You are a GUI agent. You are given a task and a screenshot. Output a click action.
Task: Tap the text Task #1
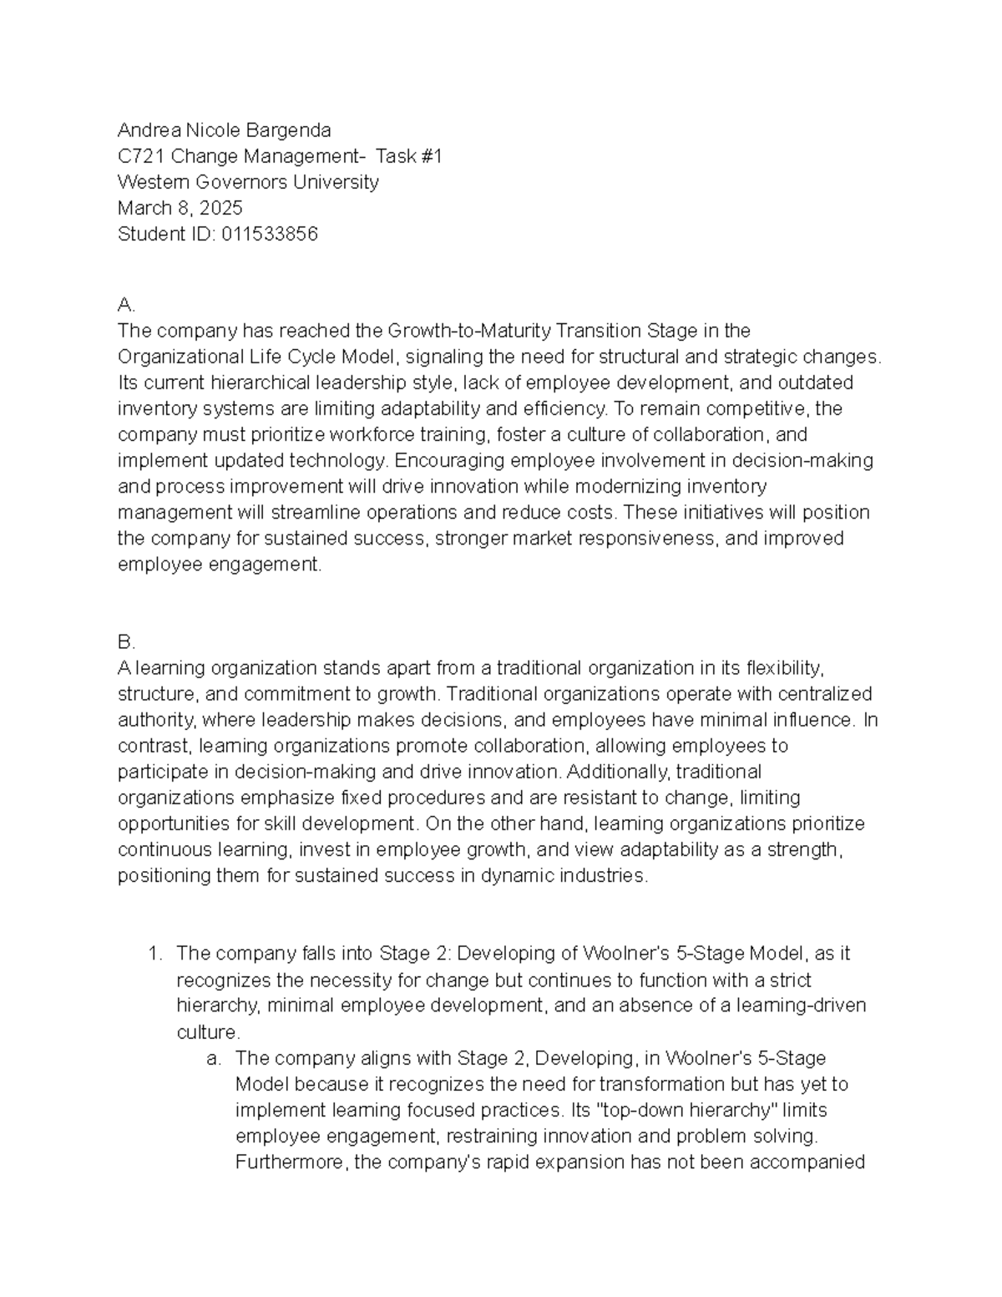click(408, 156)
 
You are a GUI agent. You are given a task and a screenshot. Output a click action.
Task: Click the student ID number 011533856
click(270, 234)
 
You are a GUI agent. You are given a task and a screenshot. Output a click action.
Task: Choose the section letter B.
click(126, 642)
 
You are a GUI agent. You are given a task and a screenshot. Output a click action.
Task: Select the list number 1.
click(154, 954)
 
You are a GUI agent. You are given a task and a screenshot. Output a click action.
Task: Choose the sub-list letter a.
click(214, 1058)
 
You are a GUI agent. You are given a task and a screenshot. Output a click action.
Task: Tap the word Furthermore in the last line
click(292, 1163)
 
